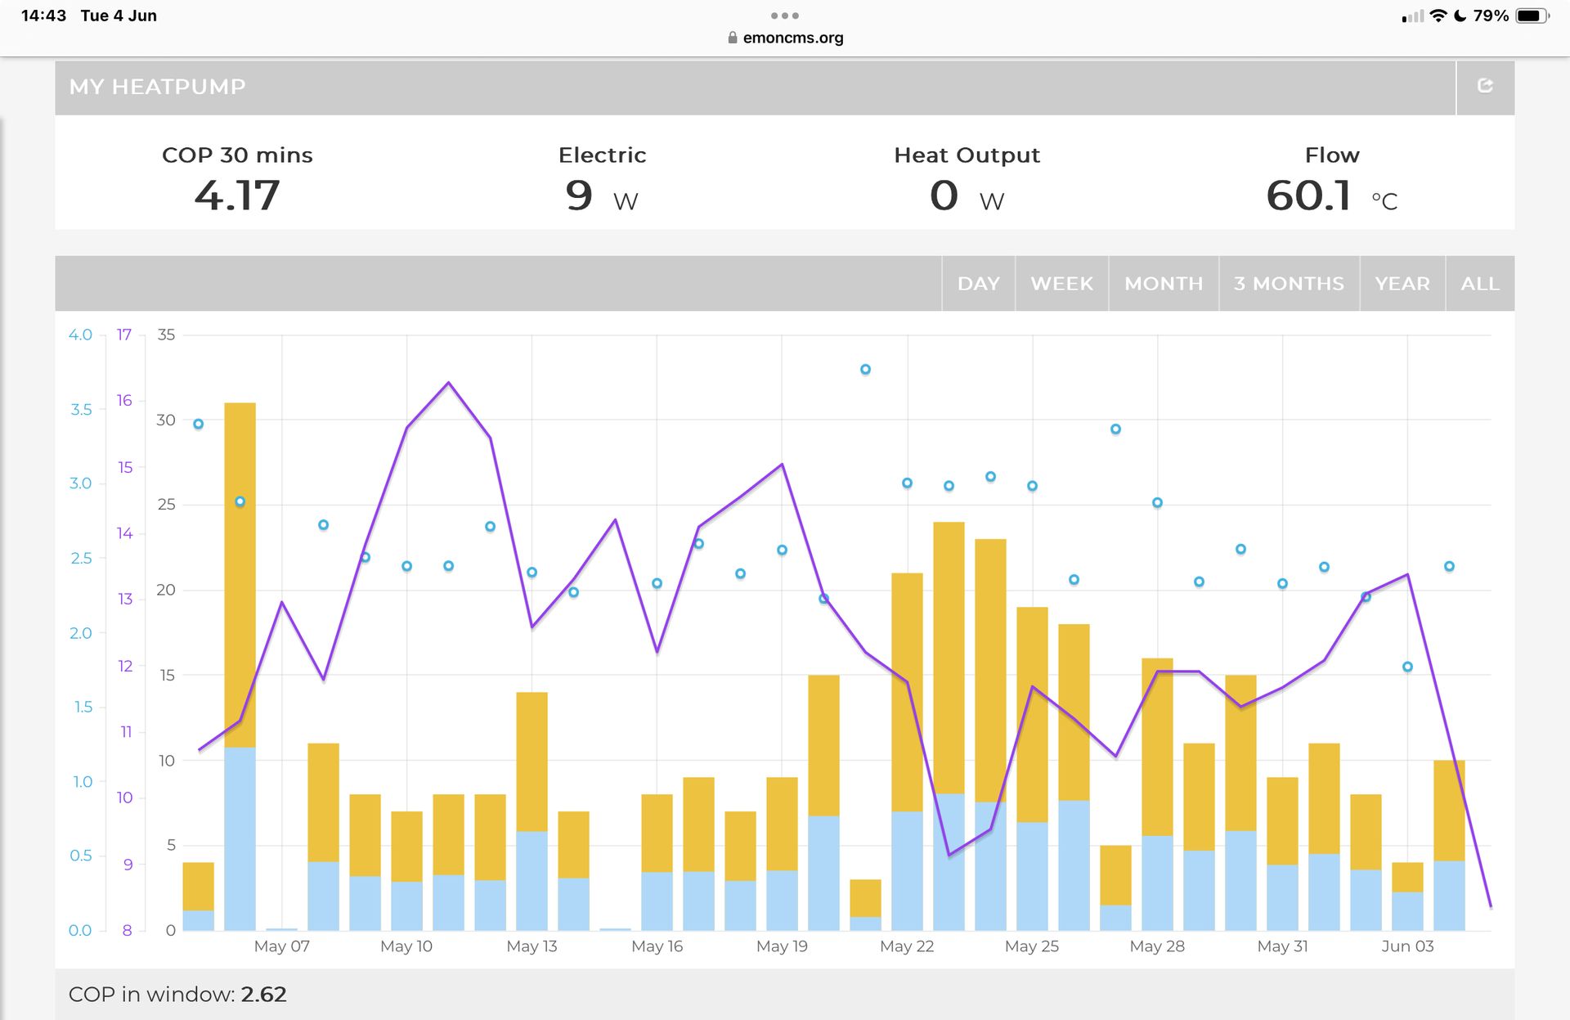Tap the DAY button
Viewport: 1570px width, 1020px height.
pos(978,284)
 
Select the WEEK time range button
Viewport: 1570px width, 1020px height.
pos(1061,284)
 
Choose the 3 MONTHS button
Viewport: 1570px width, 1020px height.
pos(1289,284)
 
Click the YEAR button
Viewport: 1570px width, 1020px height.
pos(1402,284)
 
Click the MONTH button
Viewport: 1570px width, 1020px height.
pos(1164,284)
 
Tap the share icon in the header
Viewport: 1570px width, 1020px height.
pos(1485,86)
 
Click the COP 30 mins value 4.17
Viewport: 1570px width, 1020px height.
pos(237,195)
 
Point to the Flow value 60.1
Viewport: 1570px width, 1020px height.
pos(1308,195)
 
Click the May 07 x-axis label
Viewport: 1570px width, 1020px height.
pos(281,946)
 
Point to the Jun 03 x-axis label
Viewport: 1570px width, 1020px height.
pos(1407,946)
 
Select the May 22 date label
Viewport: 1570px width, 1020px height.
pos(907,946)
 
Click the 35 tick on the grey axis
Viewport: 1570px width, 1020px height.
pos(166,335)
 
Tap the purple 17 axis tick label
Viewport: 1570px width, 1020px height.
pos(123,335)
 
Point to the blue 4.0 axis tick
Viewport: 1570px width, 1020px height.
pos(80,335)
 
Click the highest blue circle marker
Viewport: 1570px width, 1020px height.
pos(865,370)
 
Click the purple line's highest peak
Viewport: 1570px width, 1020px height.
pos(448,383)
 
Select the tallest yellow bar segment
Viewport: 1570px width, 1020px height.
pos(240,574)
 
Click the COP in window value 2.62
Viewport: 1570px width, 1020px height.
pos(263,995)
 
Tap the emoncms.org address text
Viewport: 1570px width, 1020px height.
pos(792,38)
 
